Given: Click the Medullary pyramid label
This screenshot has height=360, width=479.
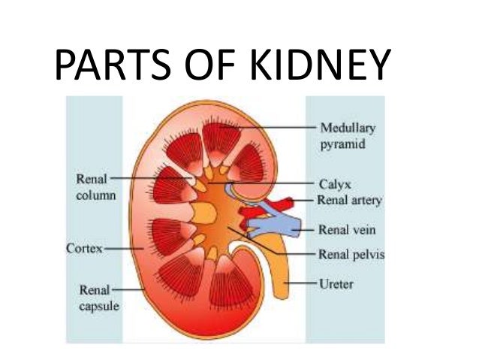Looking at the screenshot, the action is pos(348,135).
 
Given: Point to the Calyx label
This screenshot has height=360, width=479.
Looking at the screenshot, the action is pos(334,183).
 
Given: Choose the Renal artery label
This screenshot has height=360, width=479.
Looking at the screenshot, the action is pos(350,201).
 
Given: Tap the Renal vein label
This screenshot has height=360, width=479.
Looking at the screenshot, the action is pos(346,229).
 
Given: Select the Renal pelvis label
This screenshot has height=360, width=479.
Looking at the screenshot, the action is pos(351,254).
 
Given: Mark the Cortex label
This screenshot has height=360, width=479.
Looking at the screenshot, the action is pos(84,247).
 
